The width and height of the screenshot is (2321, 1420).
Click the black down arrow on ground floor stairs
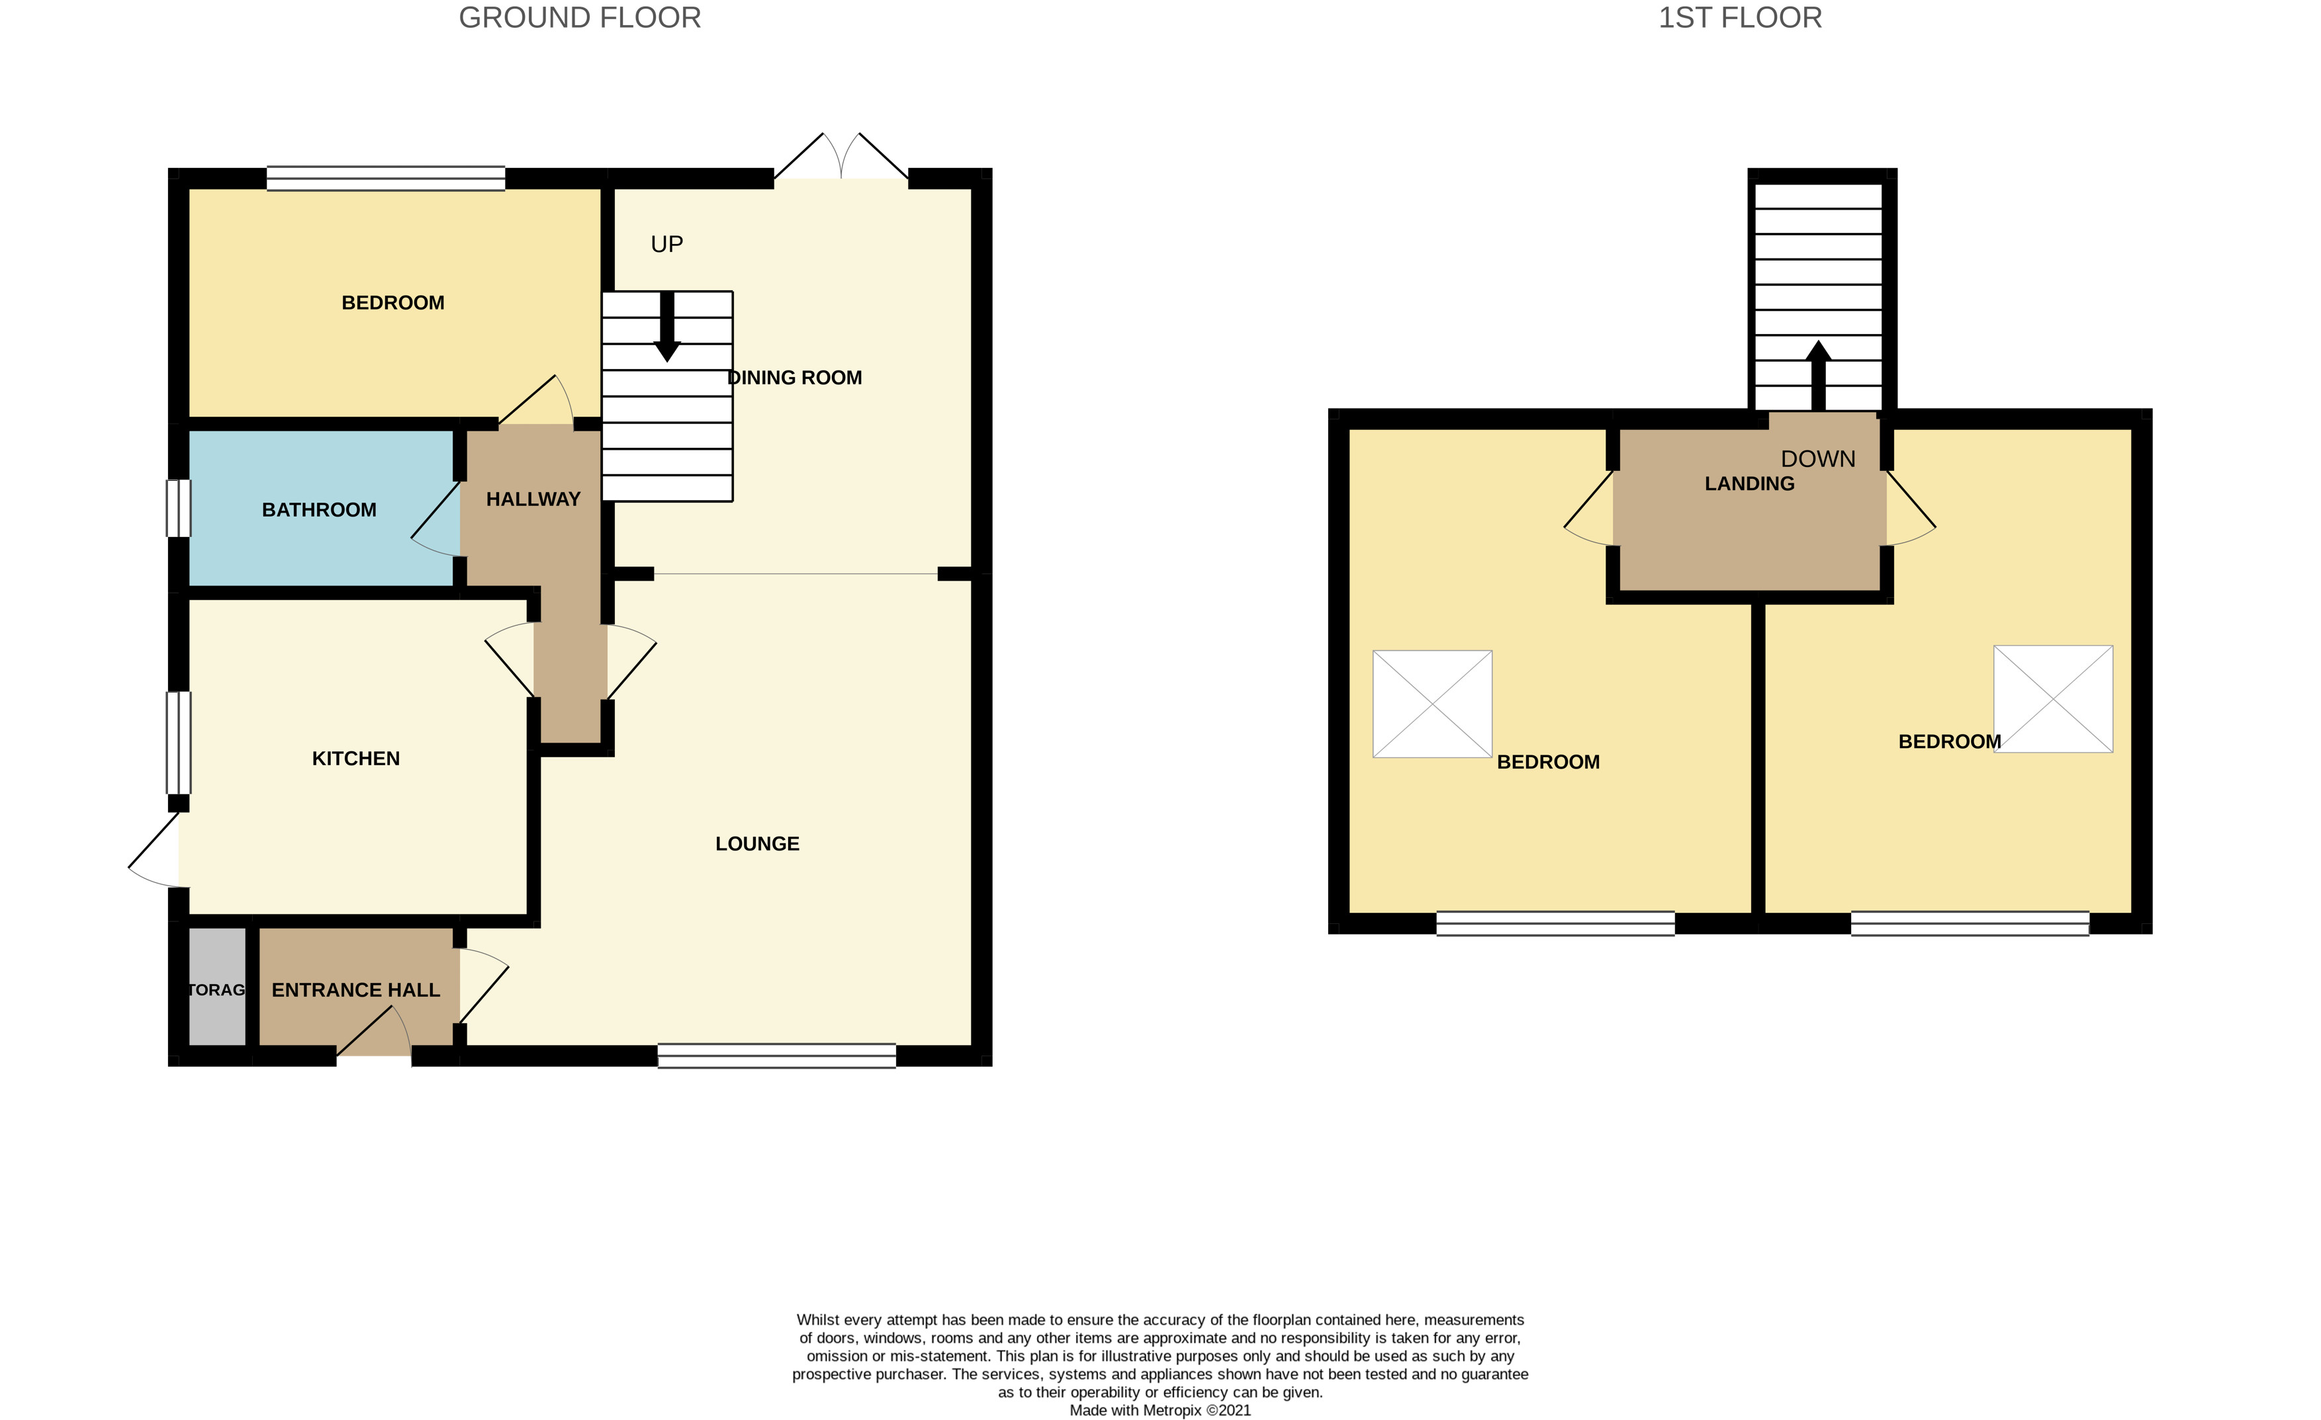click(x=667, y=329)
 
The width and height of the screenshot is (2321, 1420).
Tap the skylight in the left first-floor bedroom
click(x=1432, y=704)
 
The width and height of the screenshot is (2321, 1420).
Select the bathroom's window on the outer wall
click(x=178, y=509)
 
